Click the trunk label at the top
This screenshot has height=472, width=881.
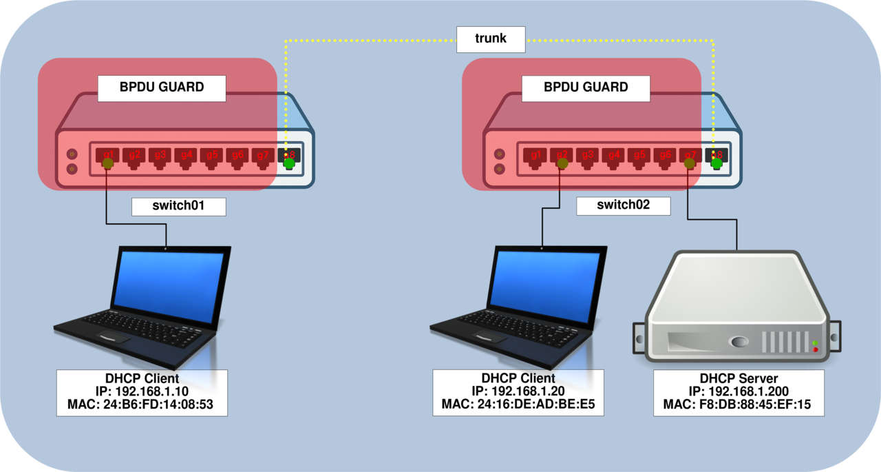(491, 39)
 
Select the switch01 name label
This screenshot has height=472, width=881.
(178, 206)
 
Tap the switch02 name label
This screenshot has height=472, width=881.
(624, 205)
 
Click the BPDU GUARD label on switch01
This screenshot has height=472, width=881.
(162, 88)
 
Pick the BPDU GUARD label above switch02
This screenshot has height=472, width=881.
(586, 88)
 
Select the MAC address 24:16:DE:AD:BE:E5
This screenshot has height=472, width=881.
(518, 404)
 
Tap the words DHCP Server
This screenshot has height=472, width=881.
(739, 378)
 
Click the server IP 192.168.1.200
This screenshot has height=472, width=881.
(739, 391)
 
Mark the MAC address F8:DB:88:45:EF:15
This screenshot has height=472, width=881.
(739, 404)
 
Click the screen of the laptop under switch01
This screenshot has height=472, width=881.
(169, 278)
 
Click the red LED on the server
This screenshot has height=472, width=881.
(816, 350)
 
